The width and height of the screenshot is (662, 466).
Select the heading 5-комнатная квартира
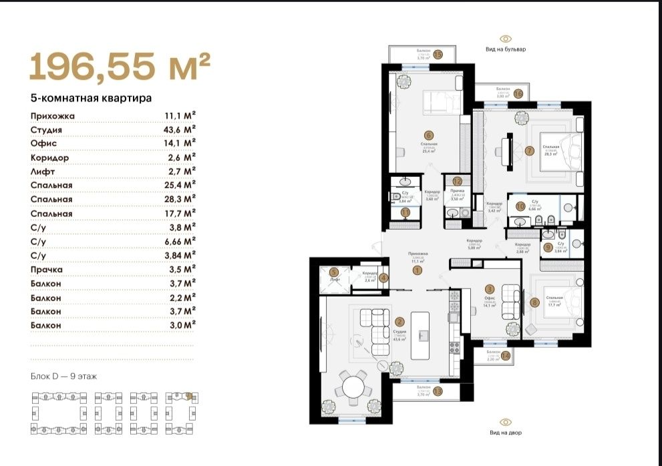(91, 98)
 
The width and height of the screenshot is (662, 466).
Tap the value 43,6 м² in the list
(180, 130)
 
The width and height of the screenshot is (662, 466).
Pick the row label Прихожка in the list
(53, 115)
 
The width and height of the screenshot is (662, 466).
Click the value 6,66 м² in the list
(180, 241)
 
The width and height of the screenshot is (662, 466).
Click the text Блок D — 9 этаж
(64, 377)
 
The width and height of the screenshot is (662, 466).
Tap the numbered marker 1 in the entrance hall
(418, 271)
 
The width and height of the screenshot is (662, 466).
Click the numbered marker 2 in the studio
(399, 322)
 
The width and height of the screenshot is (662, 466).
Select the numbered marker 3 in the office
(489, 288)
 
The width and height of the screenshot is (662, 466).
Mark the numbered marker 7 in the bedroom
(529, 150)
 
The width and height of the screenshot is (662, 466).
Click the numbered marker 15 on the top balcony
(438, 55)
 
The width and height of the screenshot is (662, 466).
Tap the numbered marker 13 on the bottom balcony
(438, 392)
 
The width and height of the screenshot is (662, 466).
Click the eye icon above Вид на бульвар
(506, 39)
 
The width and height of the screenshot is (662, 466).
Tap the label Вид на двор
(506, 433)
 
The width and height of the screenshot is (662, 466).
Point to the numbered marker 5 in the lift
(332, 272)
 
